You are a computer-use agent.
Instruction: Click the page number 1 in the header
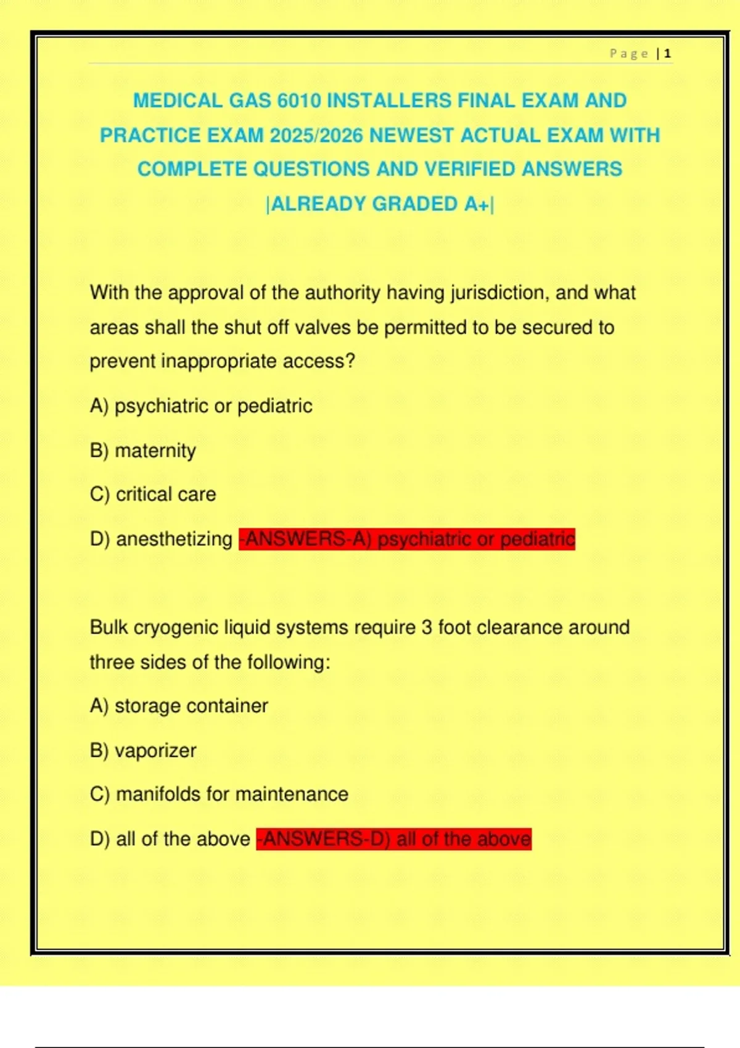667,54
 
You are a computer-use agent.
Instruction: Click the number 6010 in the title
298,100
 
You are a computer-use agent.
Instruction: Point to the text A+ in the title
476,204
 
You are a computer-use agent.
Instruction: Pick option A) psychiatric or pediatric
201,406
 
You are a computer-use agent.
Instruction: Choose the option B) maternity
143,451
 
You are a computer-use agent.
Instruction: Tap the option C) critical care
153,494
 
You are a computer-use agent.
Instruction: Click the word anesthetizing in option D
174,539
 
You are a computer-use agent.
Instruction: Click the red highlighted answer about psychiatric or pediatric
407,539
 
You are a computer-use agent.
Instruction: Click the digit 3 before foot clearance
427,628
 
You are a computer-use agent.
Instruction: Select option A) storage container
179,706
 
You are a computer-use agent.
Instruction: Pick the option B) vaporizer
143,750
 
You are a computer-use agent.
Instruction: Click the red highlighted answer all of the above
394,839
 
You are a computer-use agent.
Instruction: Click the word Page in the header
628,54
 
